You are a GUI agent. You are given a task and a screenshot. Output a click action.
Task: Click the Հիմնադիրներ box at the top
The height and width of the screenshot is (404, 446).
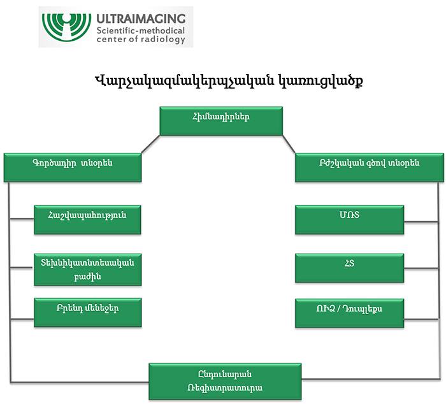pos(221,121)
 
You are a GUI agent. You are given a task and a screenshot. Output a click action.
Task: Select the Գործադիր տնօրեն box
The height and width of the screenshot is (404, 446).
pos(73,168)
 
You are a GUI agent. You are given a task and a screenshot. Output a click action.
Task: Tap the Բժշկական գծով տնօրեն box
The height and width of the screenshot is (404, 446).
pos(370,168)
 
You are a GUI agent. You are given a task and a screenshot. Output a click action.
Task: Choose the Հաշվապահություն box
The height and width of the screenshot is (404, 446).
pos(87,220)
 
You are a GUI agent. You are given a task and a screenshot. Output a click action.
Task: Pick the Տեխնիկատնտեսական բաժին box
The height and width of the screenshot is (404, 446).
pos(88,270)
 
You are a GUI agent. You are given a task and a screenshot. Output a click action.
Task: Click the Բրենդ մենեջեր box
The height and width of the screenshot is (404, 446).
pos(88,312)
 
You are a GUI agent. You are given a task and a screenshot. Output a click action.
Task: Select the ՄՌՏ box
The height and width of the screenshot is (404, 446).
pos(349,220)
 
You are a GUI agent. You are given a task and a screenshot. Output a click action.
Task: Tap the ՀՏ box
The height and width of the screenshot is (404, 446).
pos(349,268)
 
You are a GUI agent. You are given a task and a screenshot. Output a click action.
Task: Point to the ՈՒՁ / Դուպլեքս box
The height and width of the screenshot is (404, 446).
pos(349,313)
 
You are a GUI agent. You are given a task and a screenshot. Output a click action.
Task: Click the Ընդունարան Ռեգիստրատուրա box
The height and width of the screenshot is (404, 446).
pos(225,381)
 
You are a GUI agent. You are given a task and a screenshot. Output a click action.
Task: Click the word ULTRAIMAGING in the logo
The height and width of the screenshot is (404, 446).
pos(141,18)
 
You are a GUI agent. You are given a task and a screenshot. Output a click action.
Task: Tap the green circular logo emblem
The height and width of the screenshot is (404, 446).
pos(66,27)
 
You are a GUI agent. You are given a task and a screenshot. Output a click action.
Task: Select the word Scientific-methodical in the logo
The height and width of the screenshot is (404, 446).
pos(141,31)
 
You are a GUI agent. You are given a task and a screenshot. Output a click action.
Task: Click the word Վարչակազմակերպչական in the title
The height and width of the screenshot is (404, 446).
pos(185,81)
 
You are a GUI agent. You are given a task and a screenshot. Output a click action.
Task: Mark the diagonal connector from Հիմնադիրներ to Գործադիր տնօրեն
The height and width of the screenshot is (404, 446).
pos(150,144)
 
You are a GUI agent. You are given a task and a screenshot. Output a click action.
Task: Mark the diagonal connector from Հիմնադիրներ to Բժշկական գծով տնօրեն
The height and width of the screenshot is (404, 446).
pos(289,144)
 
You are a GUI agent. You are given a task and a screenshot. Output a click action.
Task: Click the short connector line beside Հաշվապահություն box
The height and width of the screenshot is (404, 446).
pos(22,219)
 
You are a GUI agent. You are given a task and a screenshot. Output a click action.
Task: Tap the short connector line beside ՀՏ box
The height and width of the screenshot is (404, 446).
pos(421,268)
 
